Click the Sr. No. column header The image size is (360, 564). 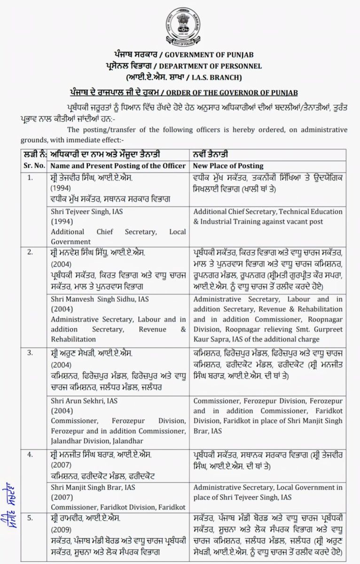(x=34, y=166)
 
